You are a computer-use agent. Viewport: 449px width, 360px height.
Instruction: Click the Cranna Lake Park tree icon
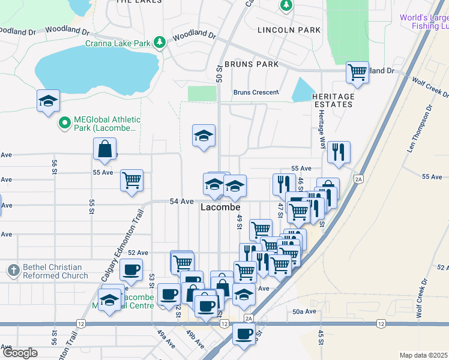(x=159, y=42)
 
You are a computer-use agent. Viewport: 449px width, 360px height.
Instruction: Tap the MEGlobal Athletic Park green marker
(x=65, y=123)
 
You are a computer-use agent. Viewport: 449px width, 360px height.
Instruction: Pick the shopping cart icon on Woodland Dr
(x=357, y=72)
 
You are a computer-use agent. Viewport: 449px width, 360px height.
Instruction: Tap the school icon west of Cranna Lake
(x=48, y=100)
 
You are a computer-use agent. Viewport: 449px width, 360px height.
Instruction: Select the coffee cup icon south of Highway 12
(x=244, y=334)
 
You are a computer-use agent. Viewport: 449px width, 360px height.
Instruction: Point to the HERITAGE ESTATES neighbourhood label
(x=333, y=100)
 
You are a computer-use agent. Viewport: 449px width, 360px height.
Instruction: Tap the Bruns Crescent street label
(x=256, y=92)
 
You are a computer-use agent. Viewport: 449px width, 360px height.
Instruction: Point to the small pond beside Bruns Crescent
(x=303, y=90)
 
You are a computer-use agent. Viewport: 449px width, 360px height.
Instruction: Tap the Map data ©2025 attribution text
(x=423, y=355)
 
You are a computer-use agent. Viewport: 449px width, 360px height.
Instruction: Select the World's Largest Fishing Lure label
(x=424, y=22)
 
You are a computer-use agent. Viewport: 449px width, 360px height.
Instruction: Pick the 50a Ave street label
(x=304, y=311)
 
